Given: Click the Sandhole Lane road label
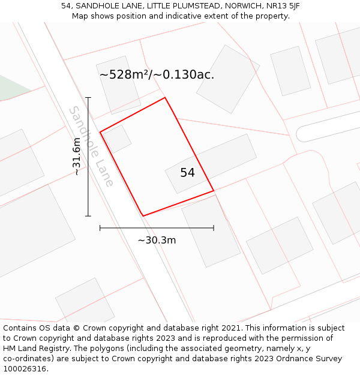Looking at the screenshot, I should tap(92, 146).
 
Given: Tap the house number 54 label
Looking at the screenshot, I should tap(187, 173).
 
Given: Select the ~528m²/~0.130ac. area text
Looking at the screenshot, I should tap(157, 75).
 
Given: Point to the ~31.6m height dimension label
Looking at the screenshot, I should tap(77, 157).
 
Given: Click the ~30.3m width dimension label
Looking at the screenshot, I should tap(157, 240).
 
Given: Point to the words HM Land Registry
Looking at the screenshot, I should tap(33, 348).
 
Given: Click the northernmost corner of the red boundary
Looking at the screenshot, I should tap(165, 97).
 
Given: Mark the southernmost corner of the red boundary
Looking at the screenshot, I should tap(143, 216).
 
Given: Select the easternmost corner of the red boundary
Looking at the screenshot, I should tap(214, 191).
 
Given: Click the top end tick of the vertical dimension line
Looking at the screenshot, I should tap(88, 97).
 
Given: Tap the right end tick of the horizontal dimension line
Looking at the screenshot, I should tap(214, 228).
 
